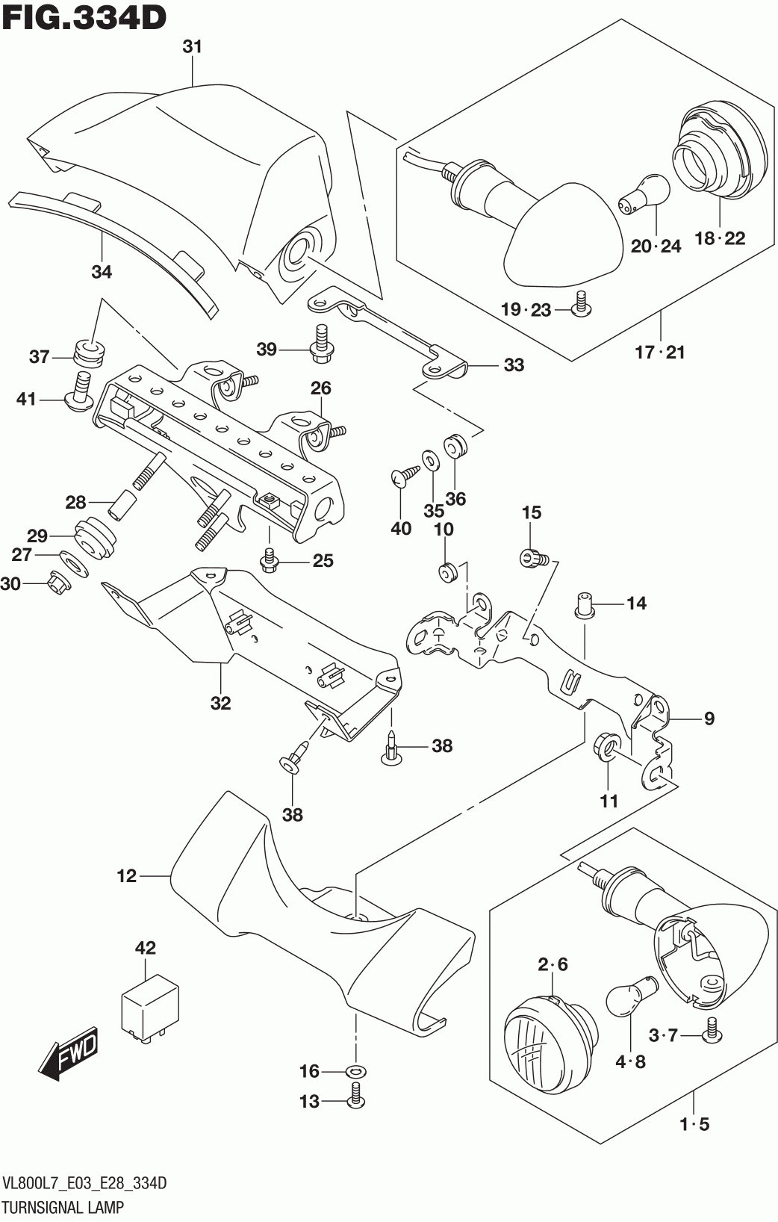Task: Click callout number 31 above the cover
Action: click(x=193, y=46)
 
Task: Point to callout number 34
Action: click(x=102, y=272)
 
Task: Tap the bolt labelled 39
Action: click(x=321, y=341)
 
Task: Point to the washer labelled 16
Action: click(x=355, y=1072)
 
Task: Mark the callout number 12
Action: click(x=127, y=875)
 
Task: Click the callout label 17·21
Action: click(x=659, y=351)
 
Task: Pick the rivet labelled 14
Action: click(x=583, y=602)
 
